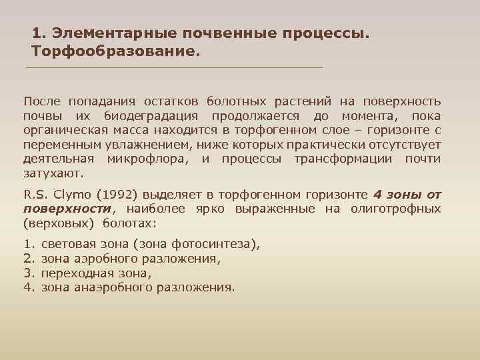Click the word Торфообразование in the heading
tap(115, 51)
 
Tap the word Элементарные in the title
tap(105, 33)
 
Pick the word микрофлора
tap(147, 159)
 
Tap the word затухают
tap(53, 173)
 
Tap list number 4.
tap(28, 288)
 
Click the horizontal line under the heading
tap(173, 68)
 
